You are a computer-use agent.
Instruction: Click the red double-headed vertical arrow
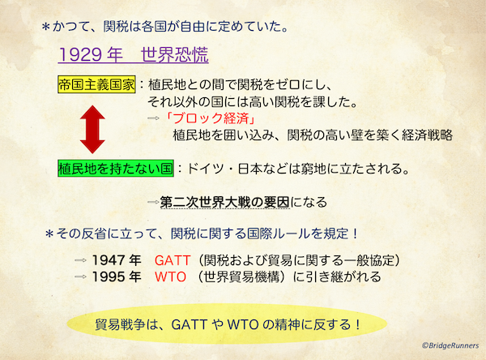point(92,130)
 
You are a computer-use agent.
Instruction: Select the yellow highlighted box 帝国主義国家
point(96,84)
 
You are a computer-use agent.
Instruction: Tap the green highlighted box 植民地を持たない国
point(116,169)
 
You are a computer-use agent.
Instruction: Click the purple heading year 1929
point(80,54)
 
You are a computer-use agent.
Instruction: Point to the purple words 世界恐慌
point(174,54)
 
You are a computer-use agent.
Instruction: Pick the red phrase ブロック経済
point(211,118)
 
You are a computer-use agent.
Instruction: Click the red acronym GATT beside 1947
point(173,260)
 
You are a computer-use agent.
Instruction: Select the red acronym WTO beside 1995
point(170,276)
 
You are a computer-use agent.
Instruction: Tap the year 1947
point(108,260)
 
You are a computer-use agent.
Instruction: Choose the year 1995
point(108,276)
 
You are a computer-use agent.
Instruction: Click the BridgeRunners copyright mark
point(450,345)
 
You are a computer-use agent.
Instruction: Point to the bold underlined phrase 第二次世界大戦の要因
point(224,203)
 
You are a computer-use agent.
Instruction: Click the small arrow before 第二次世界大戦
point(153,203)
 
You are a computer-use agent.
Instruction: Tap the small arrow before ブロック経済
point(153,118)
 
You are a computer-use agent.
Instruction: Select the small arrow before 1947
point(80,261)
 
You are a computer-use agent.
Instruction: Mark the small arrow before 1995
point(80,276)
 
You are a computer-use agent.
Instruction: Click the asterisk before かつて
point(46,28)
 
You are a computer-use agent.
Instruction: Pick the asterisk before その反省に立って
point(49,234)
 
